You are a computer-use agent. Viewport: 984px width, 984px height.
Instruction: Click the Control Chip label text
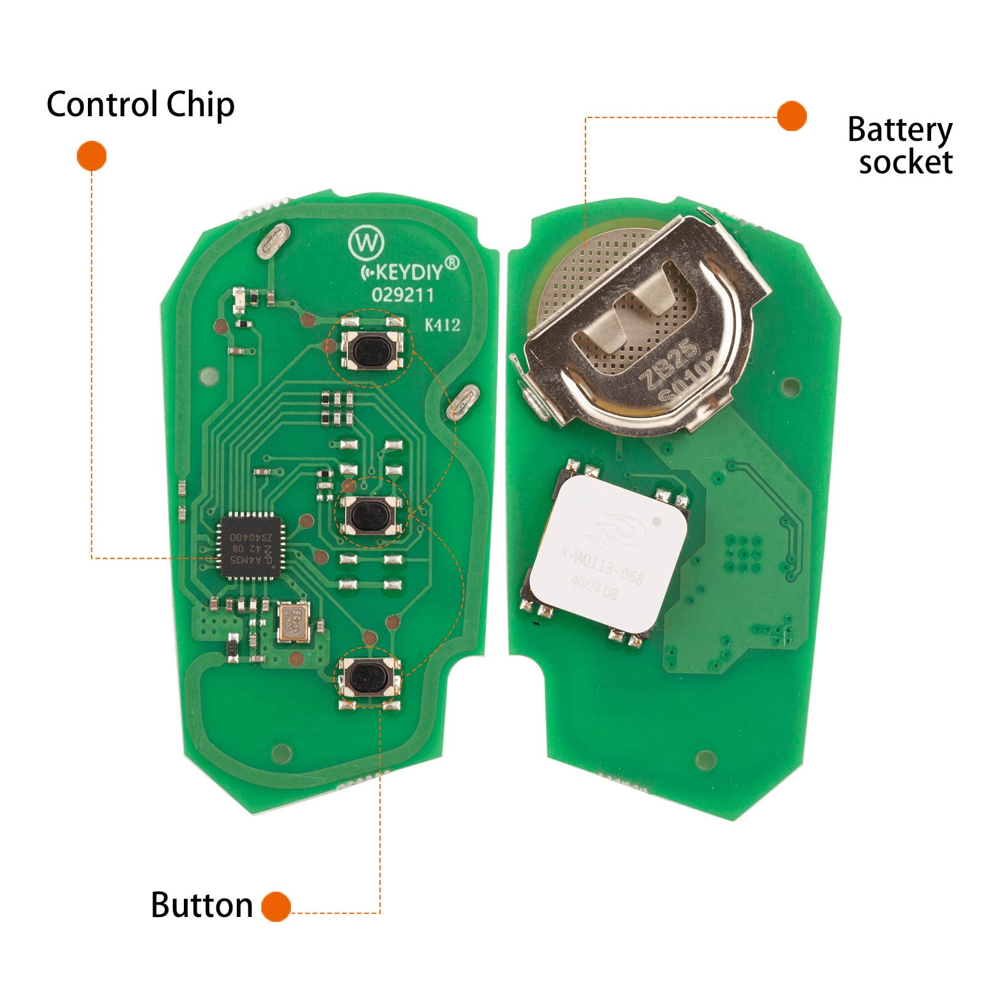(x=140, y=105)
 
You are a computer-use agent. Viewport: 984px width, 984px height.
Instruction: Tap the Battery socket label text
(x=900, y=146)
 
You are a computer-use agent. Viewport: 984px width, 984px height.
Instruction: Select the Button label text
(x=202, y=905)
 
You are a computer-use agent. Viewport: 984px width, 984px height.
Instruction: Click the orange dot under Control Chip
(x=92, y=156)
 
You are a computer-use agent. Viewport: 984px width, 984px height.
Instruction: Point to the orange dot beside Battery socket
(x=792, y=116)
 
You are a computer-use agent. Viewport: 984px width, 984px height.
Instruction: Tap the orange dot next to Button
(x=276, y=907)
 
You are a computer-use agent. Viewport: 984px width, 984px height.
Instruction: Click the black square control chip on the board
(x=251, y=547)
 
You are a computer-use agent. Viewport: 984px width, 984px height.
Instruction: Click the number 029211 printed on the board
(x=403, y=295)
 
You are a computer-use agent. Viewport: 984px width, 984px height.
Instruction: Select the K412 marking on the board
(x=442, y=325)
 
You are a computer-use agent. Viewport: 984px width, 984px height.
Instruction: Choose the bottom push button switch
(x=368, y=677)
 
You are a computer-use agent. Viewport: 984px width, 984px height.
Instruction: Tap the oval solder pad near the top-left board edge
(x=274, y=240)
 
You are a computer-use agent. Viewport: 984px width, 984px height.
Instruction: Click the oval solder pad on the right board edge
(x=462, y=402)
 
